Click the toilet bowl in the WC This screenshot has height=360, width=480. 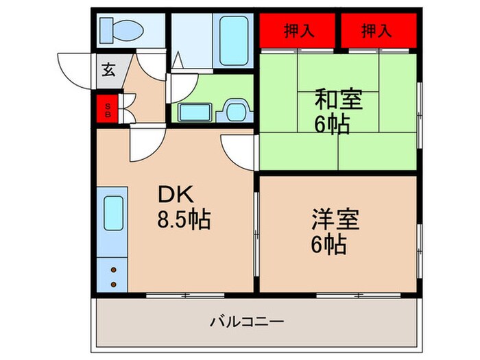pyautogui.click(x=128, y=30)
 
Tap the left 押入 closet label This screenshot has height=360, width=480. pyautogui.click(x=296, y=30)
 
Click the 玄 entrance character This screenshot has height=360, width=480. pyautogui.click(x=109, y=69)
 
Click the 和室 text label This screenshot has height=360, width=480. pyautogui.click(x=339, y=100)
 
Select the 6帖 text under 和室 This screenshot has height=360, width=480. pyautogui.click(x=332, y=125)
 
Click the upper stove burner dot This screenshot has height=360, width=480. pyautogui.click(x=112, y=270)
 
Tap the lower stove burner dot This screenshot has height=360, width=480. pyautogui.click(x=112, y=281)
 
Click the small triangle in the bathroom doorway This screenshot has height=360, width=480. pyautogui.click(x=177, y=60)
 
